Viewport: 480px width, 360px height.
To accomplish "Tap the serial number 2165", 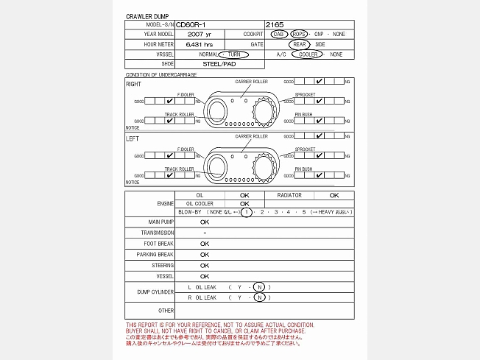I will pos(275,24).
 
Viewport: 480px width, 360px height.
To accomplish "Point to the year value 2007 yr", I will pos(199,34).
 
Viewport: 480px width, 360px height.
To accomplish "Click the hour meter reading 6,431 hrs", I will pos(200,44).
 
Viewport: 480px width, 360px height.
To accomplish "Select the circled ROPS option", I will pos(299,34).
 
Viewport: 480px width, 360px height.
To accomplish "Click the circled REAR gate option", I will pos(300,44).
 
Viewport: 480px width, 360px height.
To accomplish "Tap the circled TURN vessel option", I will pos(233,54).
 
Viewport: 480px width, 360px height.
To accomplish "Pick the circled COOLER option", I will pos(308,54).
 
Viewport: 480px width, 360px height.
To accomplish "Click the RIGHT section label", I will pos(133,84).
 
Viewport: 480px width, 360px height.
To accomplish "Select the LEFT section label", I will pos(133,138).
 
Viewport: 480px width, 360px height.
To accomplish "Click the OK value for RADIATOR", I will pos(333,195).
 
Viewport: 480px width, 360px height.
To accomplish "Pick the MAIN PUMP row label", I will pos(161,222).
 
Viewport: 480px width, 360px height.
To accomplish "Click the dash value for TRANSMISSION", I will pos(204,233).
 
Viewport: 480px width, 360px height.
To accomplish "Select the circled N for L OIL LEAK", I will pos(259,286).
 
